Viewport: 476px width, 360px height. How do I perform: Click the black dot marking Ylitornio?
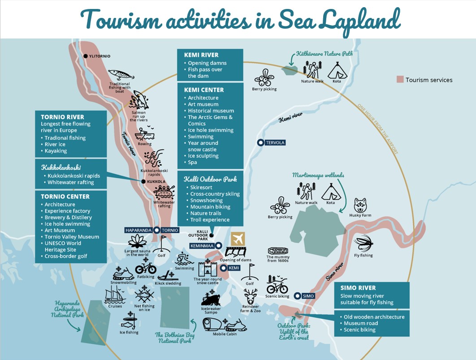pyautogui.click(x=85, y=56)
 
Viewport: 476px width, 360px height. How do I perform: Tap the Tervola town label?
pyautogui.click(x=275, y=143)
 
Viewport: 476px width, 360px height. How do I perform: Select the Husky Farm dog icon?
pyautogui.click(x=361, y=205)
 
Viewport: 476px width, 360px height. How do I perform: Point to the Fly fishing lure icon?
pyautogui.click(x=363, y=244)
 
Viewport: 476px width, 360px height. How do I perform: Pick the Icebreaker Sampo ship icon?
pyautogui.click(x=211, y=298)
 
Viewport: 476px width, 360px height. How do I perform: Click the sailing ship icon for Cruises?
pyautogui.click(x=115, y=295)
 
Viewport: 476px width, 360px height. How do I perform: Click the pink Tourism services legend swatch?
pyautogui.click(x=400, y=80)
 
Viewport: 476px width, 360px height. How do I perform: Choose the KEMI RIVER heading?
pyautogui.click(x=201, y=55)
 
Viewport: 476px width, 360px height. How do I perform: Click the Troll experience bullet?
pyautogui.click(x=210, y=220)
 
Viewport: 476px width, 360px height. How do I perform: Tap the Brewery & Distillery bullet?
pyautogui.click(x=68, y=217)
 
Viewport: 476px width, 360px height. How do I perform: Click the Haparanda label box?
pyautogui.click(x=138, y=230)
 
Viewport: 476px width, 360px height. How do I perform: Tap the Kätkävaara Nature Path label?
pyautogui.click(x=324, y=54)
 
